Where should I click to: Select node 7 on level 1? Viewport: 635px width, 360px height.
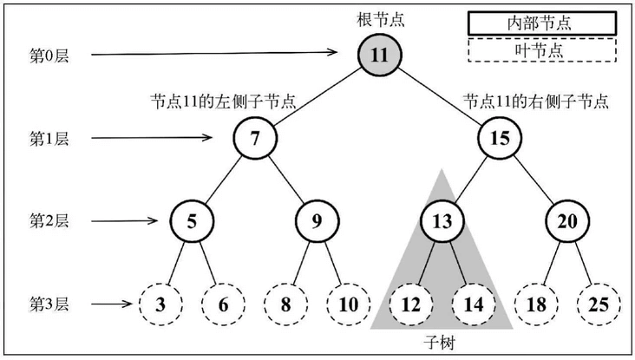pos(255,137)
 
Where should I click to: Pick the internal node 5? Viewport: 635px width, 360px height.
pos(193,220)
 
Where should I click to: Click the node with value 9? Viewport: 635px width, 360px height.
pos(317,220)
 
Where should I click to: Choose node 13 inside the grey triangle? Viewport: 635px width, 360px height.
pos(441,220)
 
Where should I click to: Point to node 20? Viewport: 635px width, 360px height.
pos(566,220)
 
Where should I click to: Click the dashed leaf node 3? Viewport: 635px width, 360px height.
pos(161,304)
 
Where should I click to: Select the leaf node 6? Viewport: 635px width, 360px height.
pos(224,304)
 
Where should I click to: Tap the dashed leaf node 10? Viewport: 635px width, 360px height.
pos(348,304)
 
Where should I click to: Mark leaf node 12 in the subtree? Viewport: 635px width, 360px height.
pos(409,304)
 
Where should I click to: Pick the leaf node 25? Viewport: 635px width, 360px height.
pos(598,304)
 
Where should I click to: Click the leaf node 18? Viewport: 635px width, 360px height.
pos(534,304)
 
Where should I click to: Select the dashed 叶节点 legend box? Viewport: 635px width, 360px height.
pos(542,50)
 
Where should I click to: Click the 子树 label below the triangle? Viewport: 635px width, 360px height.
pos(442,344)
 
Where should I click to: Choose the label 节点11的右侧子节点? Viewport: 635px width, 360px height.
pos(534,101)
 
